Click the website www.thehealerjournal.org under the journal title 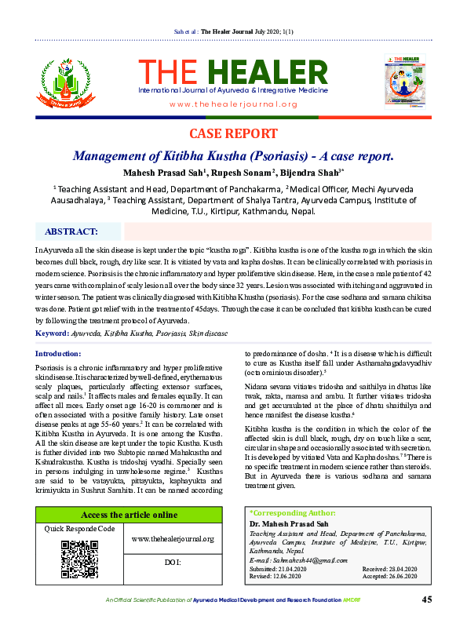pos(233,104)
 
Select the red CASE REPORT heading pos(233,133)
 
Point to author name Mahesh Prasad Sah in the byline pos(157,171)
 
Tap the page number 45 pos(427,621)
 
